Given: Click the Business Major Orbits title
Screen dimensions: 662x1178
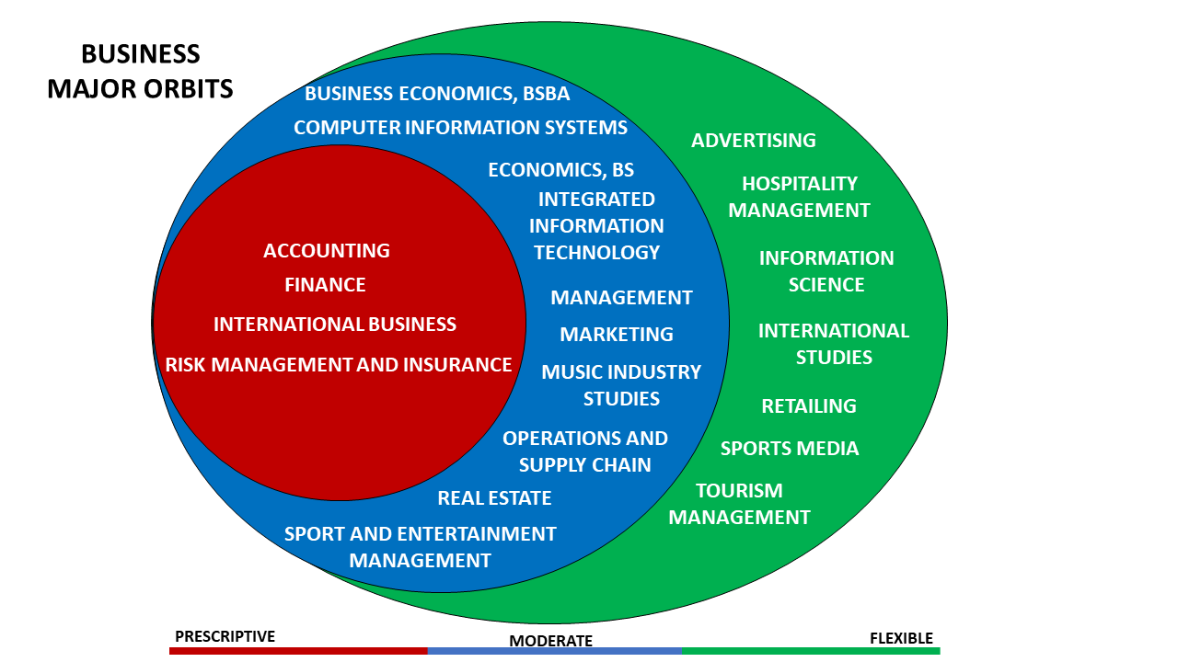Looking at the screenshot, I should pyautogui.click(x=140, y=72).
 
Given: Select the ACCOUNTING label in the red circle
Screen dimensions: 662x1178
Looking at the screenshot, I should pyautogui.click(x=327, y=250).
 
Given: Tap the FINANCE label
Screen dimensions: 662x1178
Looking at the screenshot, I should pyautogui.click(x=325, y=285).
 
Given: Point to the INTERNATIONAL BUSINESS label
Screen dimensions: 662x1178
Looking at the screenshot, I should pyautogui.click(x=335, y=325).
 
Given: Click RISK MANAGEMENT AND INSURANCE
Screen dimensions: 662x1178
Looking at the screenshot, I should pyautogui.click(x=339, y=365).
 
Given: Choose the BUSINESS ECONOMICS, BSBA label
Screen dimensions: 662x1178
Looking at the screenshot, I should pyautogui.click(x=437, y=94).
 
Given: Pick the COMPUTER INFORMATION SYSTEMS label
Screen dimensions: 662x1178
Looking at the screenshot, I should pyautogui.click(x=460, y=128).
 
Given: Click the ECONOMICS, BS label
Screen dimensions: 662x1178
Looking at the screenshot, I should pyautogui.click(x=560, y=170).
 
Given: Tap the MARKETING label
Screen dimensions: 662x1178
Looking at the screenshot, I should pyautogui.click(x=617, y=335).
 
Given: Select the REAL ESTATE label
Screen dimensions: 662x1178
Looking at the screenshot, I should pyautogui.click(x=494, y=498).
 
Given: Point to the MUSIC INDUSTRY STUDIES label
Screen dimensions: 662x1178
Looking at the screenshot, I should pyautogui.click(x=621, y=385).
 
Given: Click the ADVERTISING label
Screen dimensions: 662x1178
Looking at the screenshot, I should pyautogui.click(x=754, y=141).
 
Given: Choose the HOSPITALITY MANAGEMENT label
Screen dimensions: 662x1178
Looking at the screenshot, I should pyautogui.click(x=799, y=197).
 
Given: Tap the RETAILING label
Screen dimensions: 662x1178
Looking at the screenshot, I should pyautogui.click(x=809, y=406).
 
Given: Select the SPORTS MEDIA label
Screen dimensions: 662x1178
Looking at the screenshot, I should pyautogui.click(x=790, y=449).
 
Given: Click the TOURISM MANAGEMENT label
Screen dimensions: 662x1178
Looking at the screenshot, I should pyautogui.click(x=739, y=504).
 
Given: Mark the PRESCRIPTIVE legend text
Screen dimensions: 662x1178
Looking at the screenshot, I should pyautogui.click(x=225, y=636).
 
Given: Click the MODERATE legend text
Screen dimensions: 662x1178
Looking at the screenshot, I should pyautogui.click(x=551, y=641).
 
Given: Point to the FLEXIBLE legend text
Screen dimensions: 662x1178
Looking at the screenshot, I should pyautogui.click(x=901, y=638).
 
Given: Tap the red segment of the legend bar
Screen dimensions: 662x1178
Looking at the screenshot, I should pyautogui.click(x=298, y=651).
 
